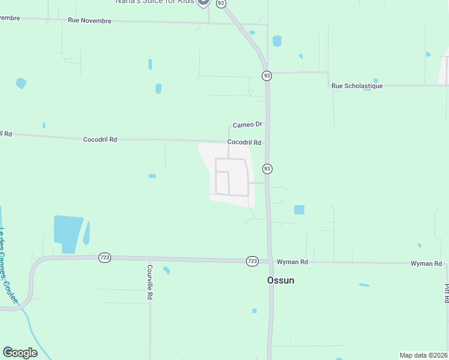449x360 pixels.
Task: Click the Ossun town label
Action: [280, 280]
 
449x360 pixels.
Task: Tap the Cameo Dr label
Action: [247, 125]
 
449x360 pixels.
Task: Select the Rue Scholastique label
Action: [357, 86]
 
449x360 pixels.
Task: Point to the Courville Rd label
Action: [149, 282]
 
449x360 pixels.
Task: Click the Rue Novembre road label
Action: [89, 20]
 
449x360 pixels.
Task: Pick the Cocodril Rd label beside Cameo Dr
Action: [244, 143]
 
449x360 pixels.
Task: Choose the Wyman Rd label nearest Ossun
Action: [292, 262]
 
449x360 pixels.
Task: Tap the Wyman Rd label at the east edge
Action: [426, 264]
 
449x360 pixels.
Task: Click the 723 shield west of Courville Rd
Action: [105, 257]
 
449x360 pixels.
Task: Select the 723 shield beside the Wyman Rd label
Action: [252, 261]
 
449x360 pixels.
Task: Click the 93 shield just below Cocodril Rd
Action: [267, 169]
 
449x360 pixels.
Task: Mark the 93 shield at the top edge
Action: [221, 4]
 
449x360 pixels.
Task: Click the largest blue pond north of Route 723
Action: [68, 233]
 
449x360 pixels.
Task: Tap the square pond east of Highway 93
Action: [299, 210]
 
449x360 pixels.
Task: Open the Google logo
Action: [20, 353]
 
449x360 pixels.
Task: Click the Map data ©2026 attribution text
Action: [423, 355]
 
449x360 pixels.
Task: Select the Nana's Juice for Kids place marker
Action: [203, 2]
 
